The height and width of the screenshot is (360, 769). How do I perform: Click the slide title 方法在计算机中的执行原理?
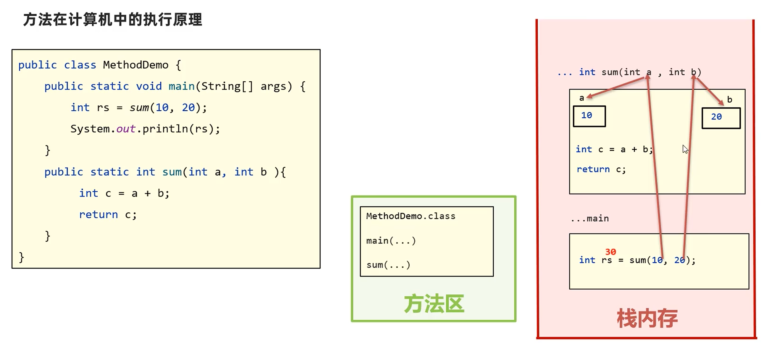tap(113, 20)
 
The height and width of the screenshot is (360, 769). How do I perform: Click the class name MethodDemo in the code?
tap(135, 65)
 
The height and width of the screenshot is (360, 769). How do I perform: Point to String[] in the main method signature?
tap(227, 87)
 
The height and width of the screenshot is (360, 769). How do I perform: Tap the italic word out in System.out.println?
tap(126, 129)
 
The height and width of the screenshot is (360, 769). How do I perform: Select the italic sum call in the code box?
tap(139, 108)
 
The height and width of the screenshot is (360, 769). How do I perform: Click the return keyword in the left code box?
tap(98, 215)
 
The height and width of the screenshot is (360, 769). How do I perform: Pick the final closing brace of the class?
tap(21, 257)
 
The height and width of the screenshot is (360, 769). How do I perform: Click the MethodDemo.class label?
tap(411, 216)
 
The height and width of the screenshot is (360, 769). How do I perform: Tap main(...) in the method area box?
tap(391, 240)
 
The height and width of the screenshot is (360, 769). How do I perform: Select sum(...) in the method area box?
tap(388, 265)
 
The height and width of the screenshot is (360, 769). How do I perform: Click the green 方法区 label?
tap(434, 304)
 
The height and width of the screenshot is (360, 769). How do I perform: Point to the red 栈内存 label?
tap(647, 319)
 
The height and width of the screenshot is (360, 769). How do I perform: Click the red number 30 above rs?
tap(610, 252)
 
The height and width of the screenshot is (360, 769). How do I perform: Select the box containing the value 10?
tap(589, 116)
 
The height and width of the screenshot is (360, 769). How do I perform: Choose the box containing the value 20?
tap(720, 118)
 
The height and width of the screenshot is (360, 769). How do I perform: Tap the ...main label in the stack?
tap(589, 219)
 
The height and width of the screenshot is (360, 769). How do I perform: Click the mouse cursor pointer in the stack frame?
tap(685, 149)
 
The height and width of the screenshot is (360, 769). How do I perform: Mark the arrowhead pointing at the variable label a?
tap(589, 96)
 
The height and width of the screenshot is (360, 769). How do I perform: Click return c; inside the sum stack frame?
tap(601, 169)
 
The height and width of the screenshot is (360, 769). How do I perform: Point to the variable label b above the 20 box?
tap(729, 99)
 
